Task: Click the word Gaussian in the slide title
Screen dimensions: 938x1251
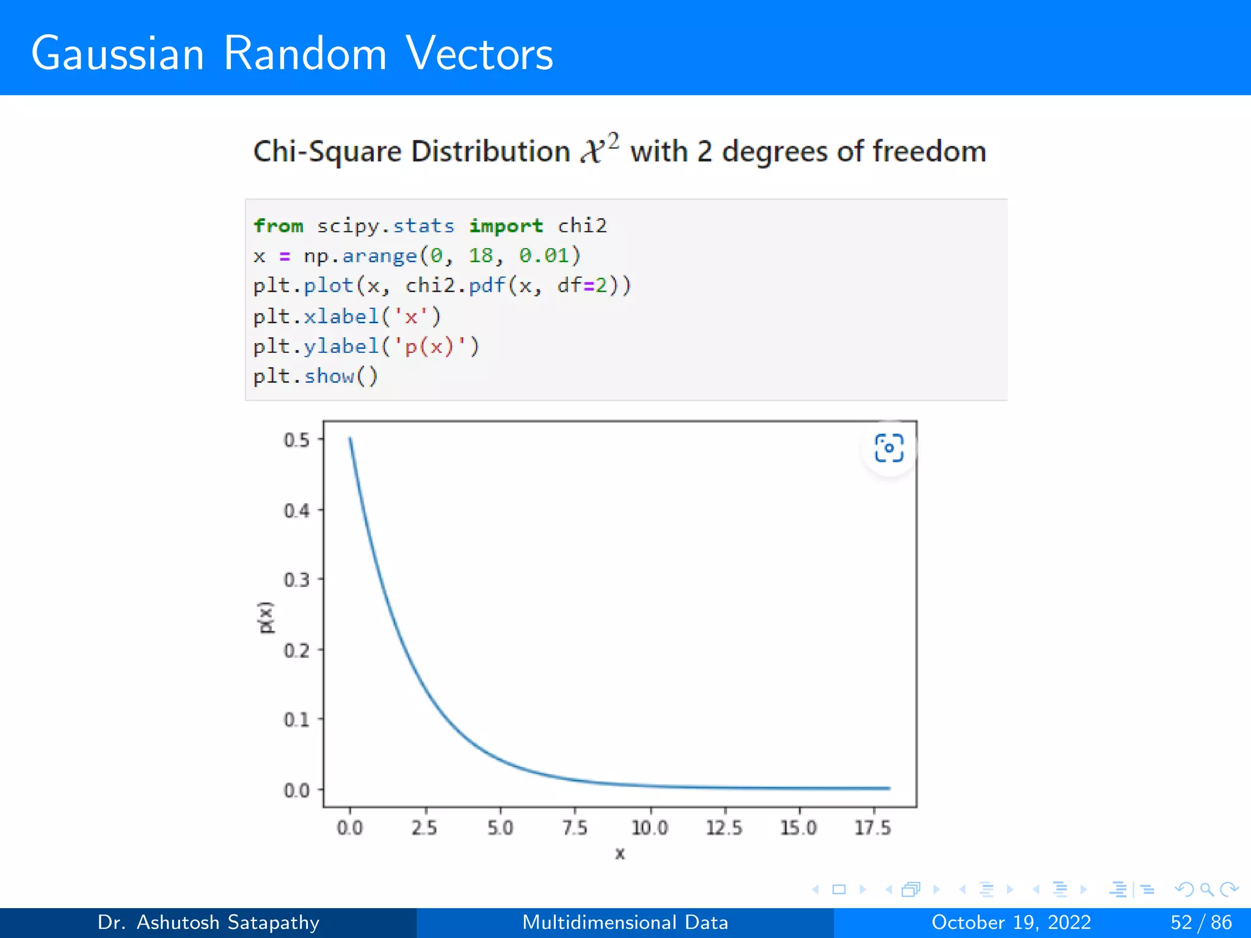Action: (117, 54)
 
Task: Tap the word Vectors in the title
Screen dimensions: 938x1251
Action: (480, 54)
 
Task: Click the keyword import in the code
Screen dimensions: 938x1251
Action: (506, 226)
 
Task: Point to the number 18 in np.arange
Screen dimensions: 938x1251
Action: (481, 255)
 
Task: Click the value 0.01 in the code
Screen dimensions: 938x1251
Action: (544, 255)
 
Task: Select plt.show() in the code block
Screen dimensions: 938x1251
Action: (316, 376)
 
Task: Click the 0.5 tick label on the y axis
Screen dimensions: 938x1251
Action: (297, 440)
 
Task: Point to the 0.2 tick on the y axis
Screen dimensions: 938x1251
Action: (297, 650)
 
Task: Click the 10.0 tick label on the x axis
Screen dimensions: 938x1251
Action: (650, 828)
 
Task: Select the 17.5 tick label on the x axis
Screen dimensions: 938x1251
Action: (873, 828)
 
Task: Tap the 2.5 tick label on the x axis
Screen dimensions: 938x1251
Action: (425, 828)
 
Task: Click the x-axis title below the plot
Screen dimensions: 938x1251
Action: (620, 854)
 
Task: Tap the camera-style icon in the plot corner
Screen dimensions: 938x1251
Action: (889, 448)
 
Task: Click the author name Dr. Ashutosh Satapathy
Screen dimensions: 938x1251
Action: (208, 922)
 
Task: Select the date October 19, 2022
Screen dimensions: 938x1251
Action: (1011, 922)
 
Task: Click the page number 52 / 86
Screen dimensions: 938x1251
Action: (1201, 922)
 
